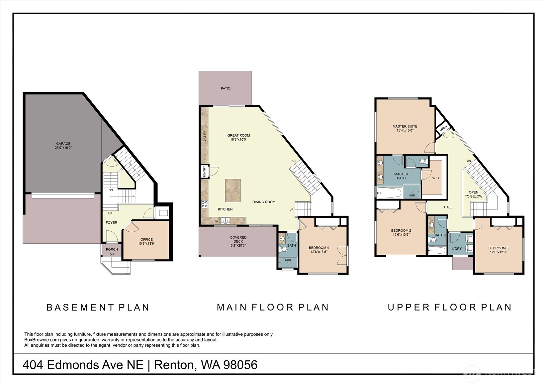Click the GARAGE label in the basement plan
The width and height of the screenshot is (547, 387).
click(63, 144)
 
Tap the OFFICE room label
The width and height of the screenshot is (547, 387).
click(146, 239)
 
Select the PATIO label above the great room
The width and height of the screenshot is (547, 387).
click(226, 88)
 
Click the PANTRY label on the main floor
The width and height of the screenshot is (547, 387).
click(205, 172)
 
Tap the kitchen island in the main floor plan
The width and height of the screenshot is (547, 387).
click(233, 191)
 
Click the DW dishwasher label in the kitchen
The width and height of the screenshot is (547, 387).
click(216, 221)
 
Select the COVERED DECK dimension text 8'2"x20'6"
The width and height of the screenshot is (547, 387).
click(238, 246)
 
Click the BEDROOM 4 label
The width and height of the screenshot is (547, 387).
click(319, 248)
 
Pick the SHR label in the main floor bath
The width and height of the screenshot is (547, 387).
click(288, 260)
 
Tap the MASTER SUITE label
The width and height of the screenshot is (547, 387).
click(405, 126)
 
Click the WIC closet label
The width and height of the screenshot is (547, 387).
click(435, 178)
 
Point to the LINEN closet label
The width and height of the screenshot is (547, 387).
click(443, 129)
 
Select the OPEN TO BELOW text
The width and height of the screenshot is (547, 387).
click(474, 194)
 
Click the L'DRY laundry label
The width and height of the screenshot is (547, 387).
click(457, 249)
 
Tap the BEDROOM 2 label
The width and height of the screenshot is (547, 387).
click(401, 230)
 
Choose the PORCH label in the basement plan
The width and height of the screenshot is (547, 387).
click(112, 249)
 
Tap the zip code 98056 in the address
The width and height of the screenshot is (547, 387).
click(240, 365)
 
